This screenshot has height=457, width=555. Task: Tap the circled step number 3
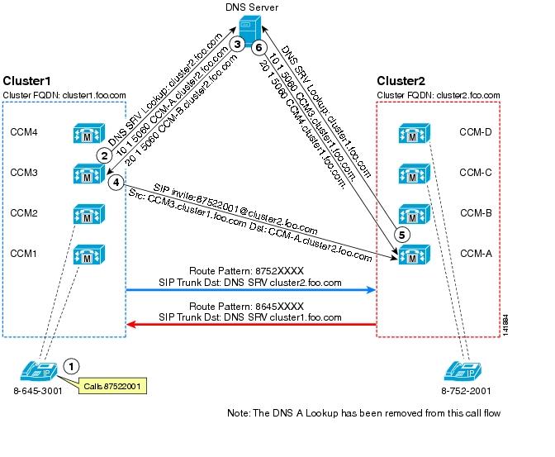coord(237,45)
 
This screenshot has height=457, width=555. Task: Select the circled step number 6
coord(259,47)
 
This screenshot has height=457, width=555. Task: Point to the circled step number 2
coord(104,155)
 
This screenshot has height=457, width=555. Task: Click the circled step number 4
coord(116,183)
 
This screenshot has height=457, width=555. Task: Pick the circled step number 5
coord(401,235)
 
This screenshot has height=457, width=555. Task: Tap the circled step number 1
coord(72,366)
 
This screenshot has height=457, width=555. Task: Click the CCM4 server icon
coord(89,133)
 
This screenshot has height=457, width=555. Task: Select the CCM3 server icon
coord(89,174)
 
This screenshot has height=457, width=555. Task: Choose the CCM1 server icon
coord(89,255)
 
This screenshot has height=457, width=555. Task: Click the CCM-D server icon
coord(415,133)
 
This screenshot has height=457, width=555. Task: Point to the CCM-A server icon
coord(415,255)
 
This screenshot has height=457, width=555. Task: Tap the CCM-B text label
coord(476,213)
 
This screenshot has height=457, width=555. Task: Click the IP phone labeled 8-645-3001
coord(39,371)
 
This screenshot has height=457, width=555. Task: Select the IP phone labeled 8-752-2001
coord(462,371)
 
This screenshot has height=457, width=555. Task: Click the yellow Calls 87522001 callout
coord(112,386)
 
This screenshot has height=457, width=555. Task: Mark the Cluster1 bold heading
coord(26,81)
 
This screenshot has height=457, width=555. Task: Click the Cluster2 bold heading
coord(401,81)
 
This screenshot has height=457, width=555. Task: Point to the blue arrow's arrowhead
coord(371,290)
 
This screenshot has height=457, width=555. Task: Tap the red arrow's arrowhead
coord(131,324)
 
